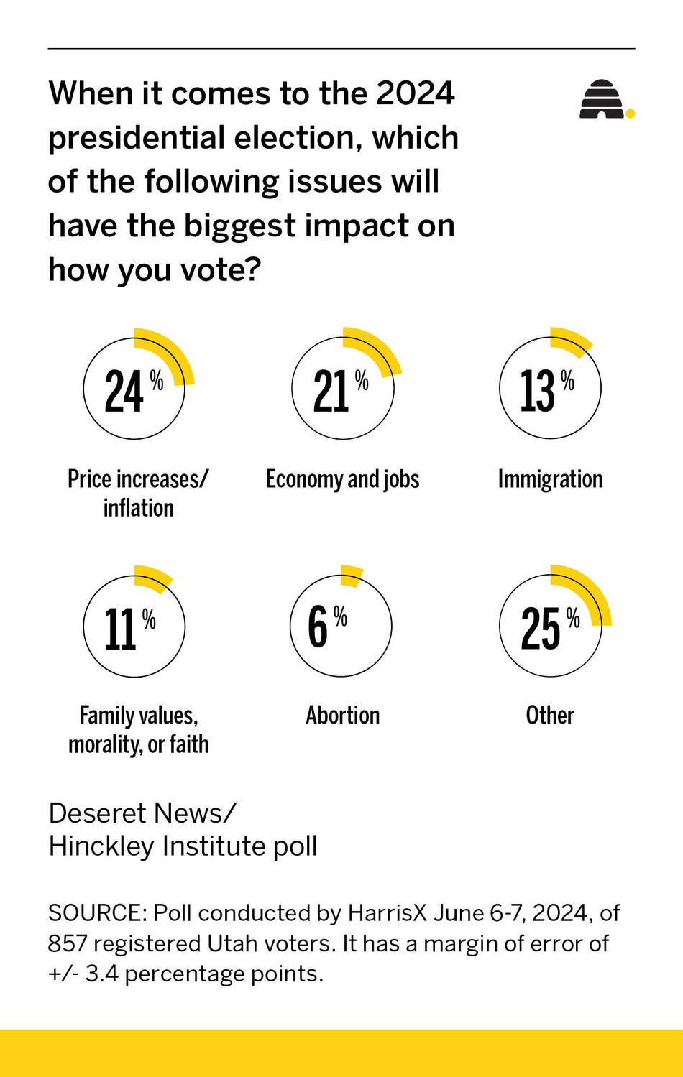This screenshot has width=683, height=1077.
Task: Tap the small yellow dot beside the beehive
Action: point(631,113)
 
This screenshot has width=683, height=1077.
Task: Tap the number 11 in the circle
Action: point(120,629)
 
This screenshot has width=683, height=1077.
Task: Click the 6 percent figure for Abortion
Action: point(318,627)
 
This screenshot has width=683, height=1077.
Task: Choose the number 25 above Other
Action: point(541,629)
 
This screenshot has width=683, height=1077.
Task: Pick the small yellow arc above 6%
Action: point(351,575)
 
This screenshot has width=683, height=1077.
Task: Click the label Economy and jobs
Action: point(342,479)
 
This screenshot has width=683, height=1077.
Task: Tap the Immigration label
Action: point(550,479)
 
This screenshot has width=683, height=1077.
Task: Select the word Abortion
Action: point(342,716)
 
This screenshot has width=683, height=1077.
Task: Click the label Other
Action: point(550,716)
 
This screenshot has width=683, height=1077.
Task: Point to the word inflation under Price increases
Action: point(138,508)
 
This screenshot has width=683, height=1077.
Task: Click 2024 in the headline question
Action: point(415,93)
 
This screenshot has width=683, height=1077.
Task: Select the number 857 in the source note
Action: point(68,943)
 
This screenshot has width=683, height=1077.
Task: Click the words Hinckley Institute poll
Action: point(183,846)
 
